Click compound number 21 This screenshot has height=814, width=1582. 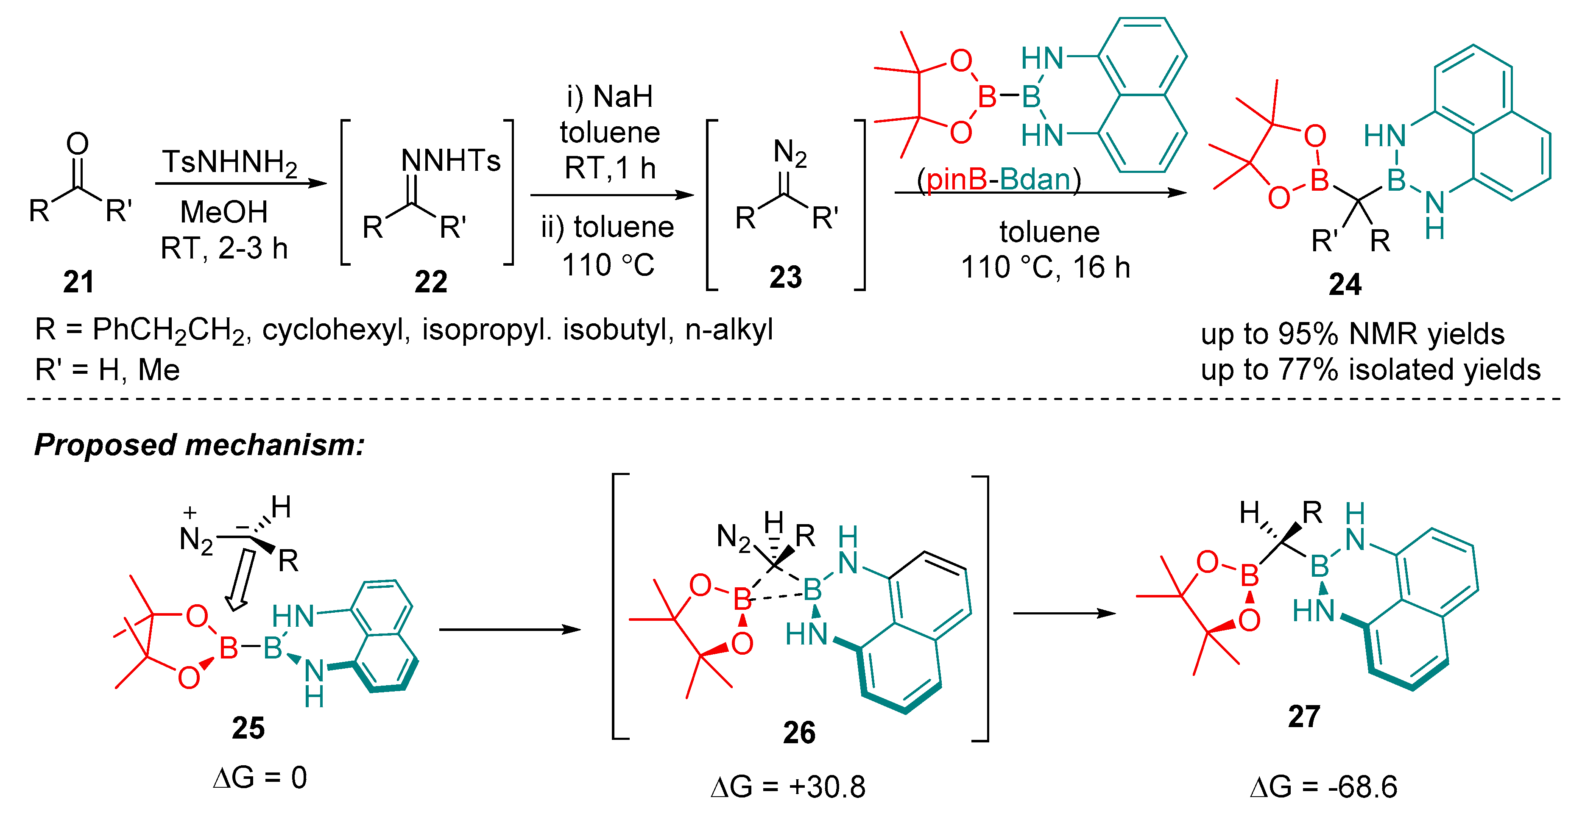click(x=78, y=282)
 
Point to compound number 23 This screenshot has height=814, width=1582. click(x=785, y=278)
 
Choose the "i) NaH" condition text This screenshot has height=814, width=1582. click(x=609, y=97)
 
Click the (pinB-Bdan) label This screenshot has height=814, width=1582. click(x=999, y=180)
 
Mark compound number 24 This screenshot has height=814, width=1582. click(x=1345, y=285)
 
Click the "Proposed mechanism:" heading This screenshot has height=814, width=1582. click(x=200, y=445)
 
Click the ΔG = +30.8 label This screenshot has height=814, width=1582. click(x=788, y=787)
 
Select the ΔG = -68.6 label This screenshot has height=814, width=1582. click(x=1323, y=787)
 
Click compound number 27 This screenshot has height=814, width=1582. click(x=1304, y=717)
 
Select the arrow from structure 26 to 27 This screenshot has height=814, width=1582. click(x=1064, y=613)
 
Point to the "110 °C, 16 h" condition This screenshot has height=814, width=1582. click(x=1045, y=268)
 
